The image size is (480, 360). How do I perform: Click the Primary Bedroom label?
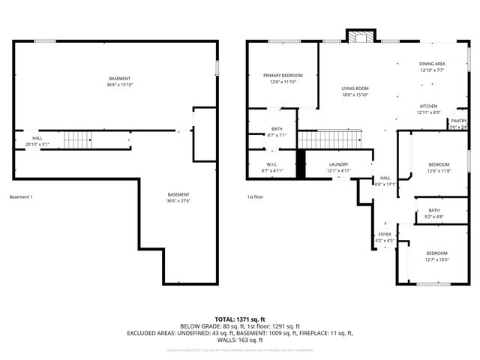click(283, 76)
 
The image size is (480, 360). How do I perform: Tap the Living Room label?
click(355, 88)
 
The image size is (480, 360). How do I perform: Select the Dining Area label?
click(432, 64)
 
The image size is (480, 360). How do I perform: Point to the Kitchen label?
click(428, 106)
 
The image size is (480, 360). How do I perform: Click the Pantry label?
click(459, 121)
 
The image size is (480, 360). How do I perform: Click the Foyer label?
click(385, 234)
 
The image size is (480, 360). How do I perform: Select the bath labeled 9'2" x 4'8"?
click(434, 211)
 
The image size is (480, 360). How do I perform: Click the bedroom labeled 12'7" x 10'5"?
click(436, 253)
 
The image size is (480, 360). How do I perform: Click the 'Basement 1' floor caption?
click(21, 197)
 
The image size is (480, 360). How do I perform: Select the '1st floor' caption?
click(255, 197)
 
